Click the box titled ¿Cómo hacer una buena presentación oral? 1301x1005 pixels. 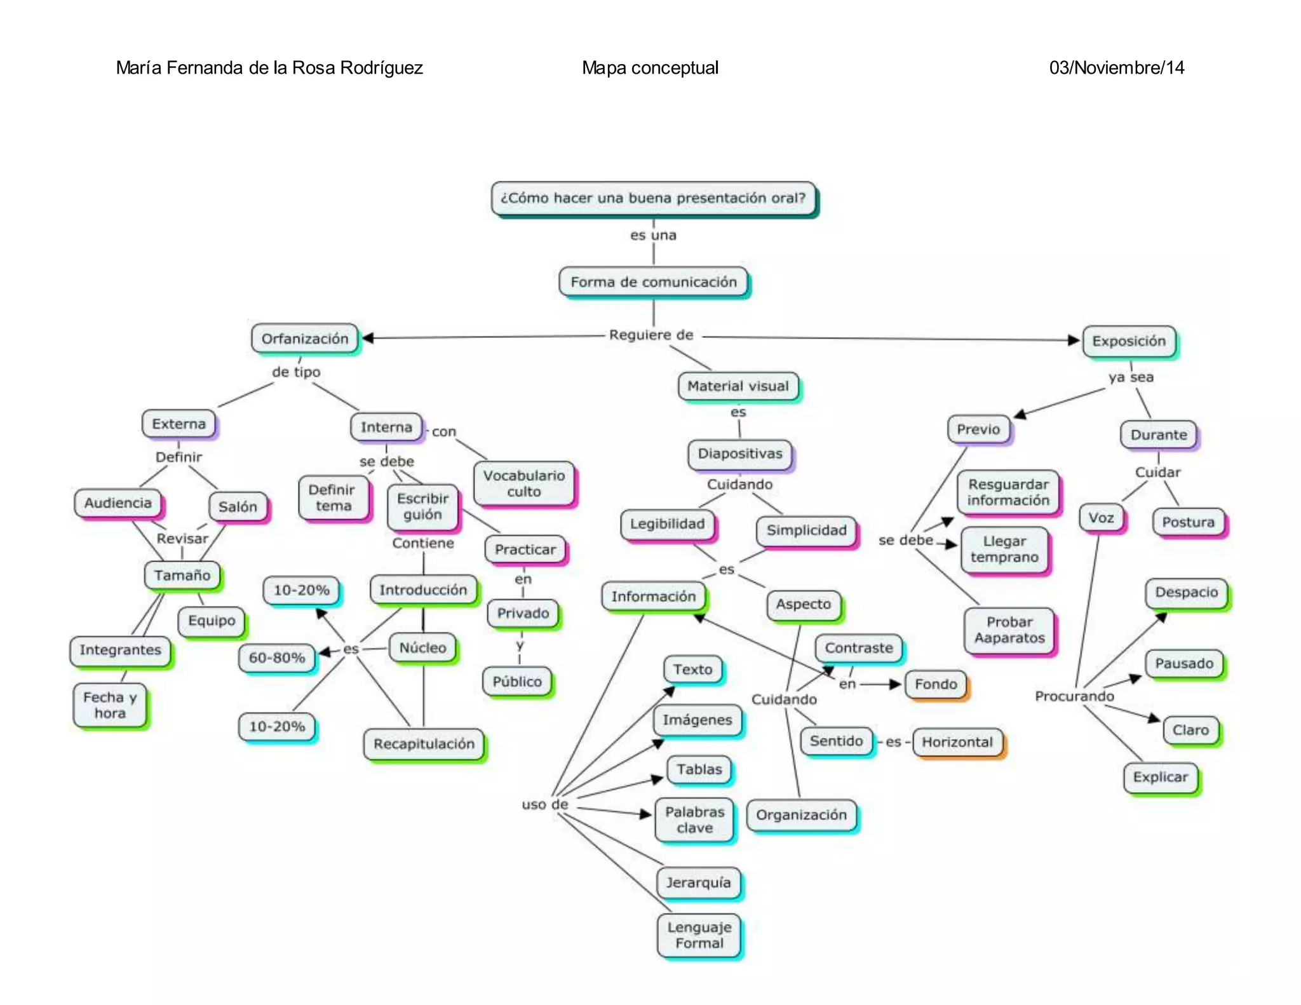pyautogui.click(x=653, y=198)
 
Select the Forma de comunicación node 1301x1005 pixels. pyautogui.click(x=653, y=282)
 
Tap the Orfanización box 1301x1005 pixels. pyautogui.click(x=305, y=339)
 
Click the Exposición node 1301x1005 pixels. pyautogui.click(x=1129, y=341)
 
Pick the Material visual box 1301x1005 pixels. pyautogui.click(x=738, y=386)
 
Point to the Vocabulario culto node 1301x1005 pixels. pyautogui.click(x=523, y=483)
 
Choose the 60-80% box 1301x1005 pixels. pyautogui.click(x=277, y=658)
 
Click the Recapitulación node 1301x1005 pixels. pyautogui.click(x=424, y=744)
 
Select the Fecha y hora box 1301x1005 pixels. pyautogui.click(x=110, y=705)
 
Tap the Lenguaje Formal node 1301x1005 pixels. pyautogui.click(x=699, y=935)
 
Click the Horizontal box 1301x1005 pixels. pyautogui.click(x=957, y=742)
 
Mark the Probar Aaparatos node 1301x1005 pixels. pyautogui.click(x=1009, y=630)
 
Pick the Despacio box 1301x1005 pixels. pyautogui.click(x=1186, y=592)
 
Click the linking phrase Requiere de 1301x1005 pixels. pyautogui.click(x=651, y=335)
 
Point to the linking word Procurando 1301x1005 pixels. pyautogui.click(x=1074, y=696)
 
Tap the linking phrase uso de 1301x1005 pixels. pyautogui.click(x=544, y=804)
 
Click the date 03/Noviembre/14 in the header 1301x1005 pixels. pyautogui.click(x=1116, y=68)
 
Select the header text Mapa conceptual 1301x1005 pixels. pyautogui.click(x=650, y=68)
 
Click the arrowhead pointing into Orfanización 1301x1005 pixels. pyautogui.click(x=367, y=338)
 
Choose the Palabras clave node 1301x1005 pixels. pyautogui.click(x=694, y=820)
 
